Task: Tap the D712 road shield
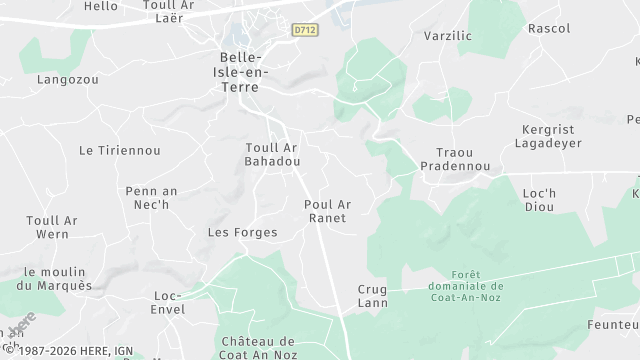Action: click(305, 31)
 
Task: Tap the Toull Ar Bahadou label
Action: click(272, 154)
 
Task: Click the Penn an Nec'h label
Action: click(152, 197)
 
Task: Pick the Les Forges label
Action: click(241, 232)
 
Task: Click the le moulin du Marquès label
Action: click(58, 279)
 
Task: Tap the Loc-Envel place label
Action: click(168, 302)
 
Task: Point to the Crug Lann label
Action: click(372, 296)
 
